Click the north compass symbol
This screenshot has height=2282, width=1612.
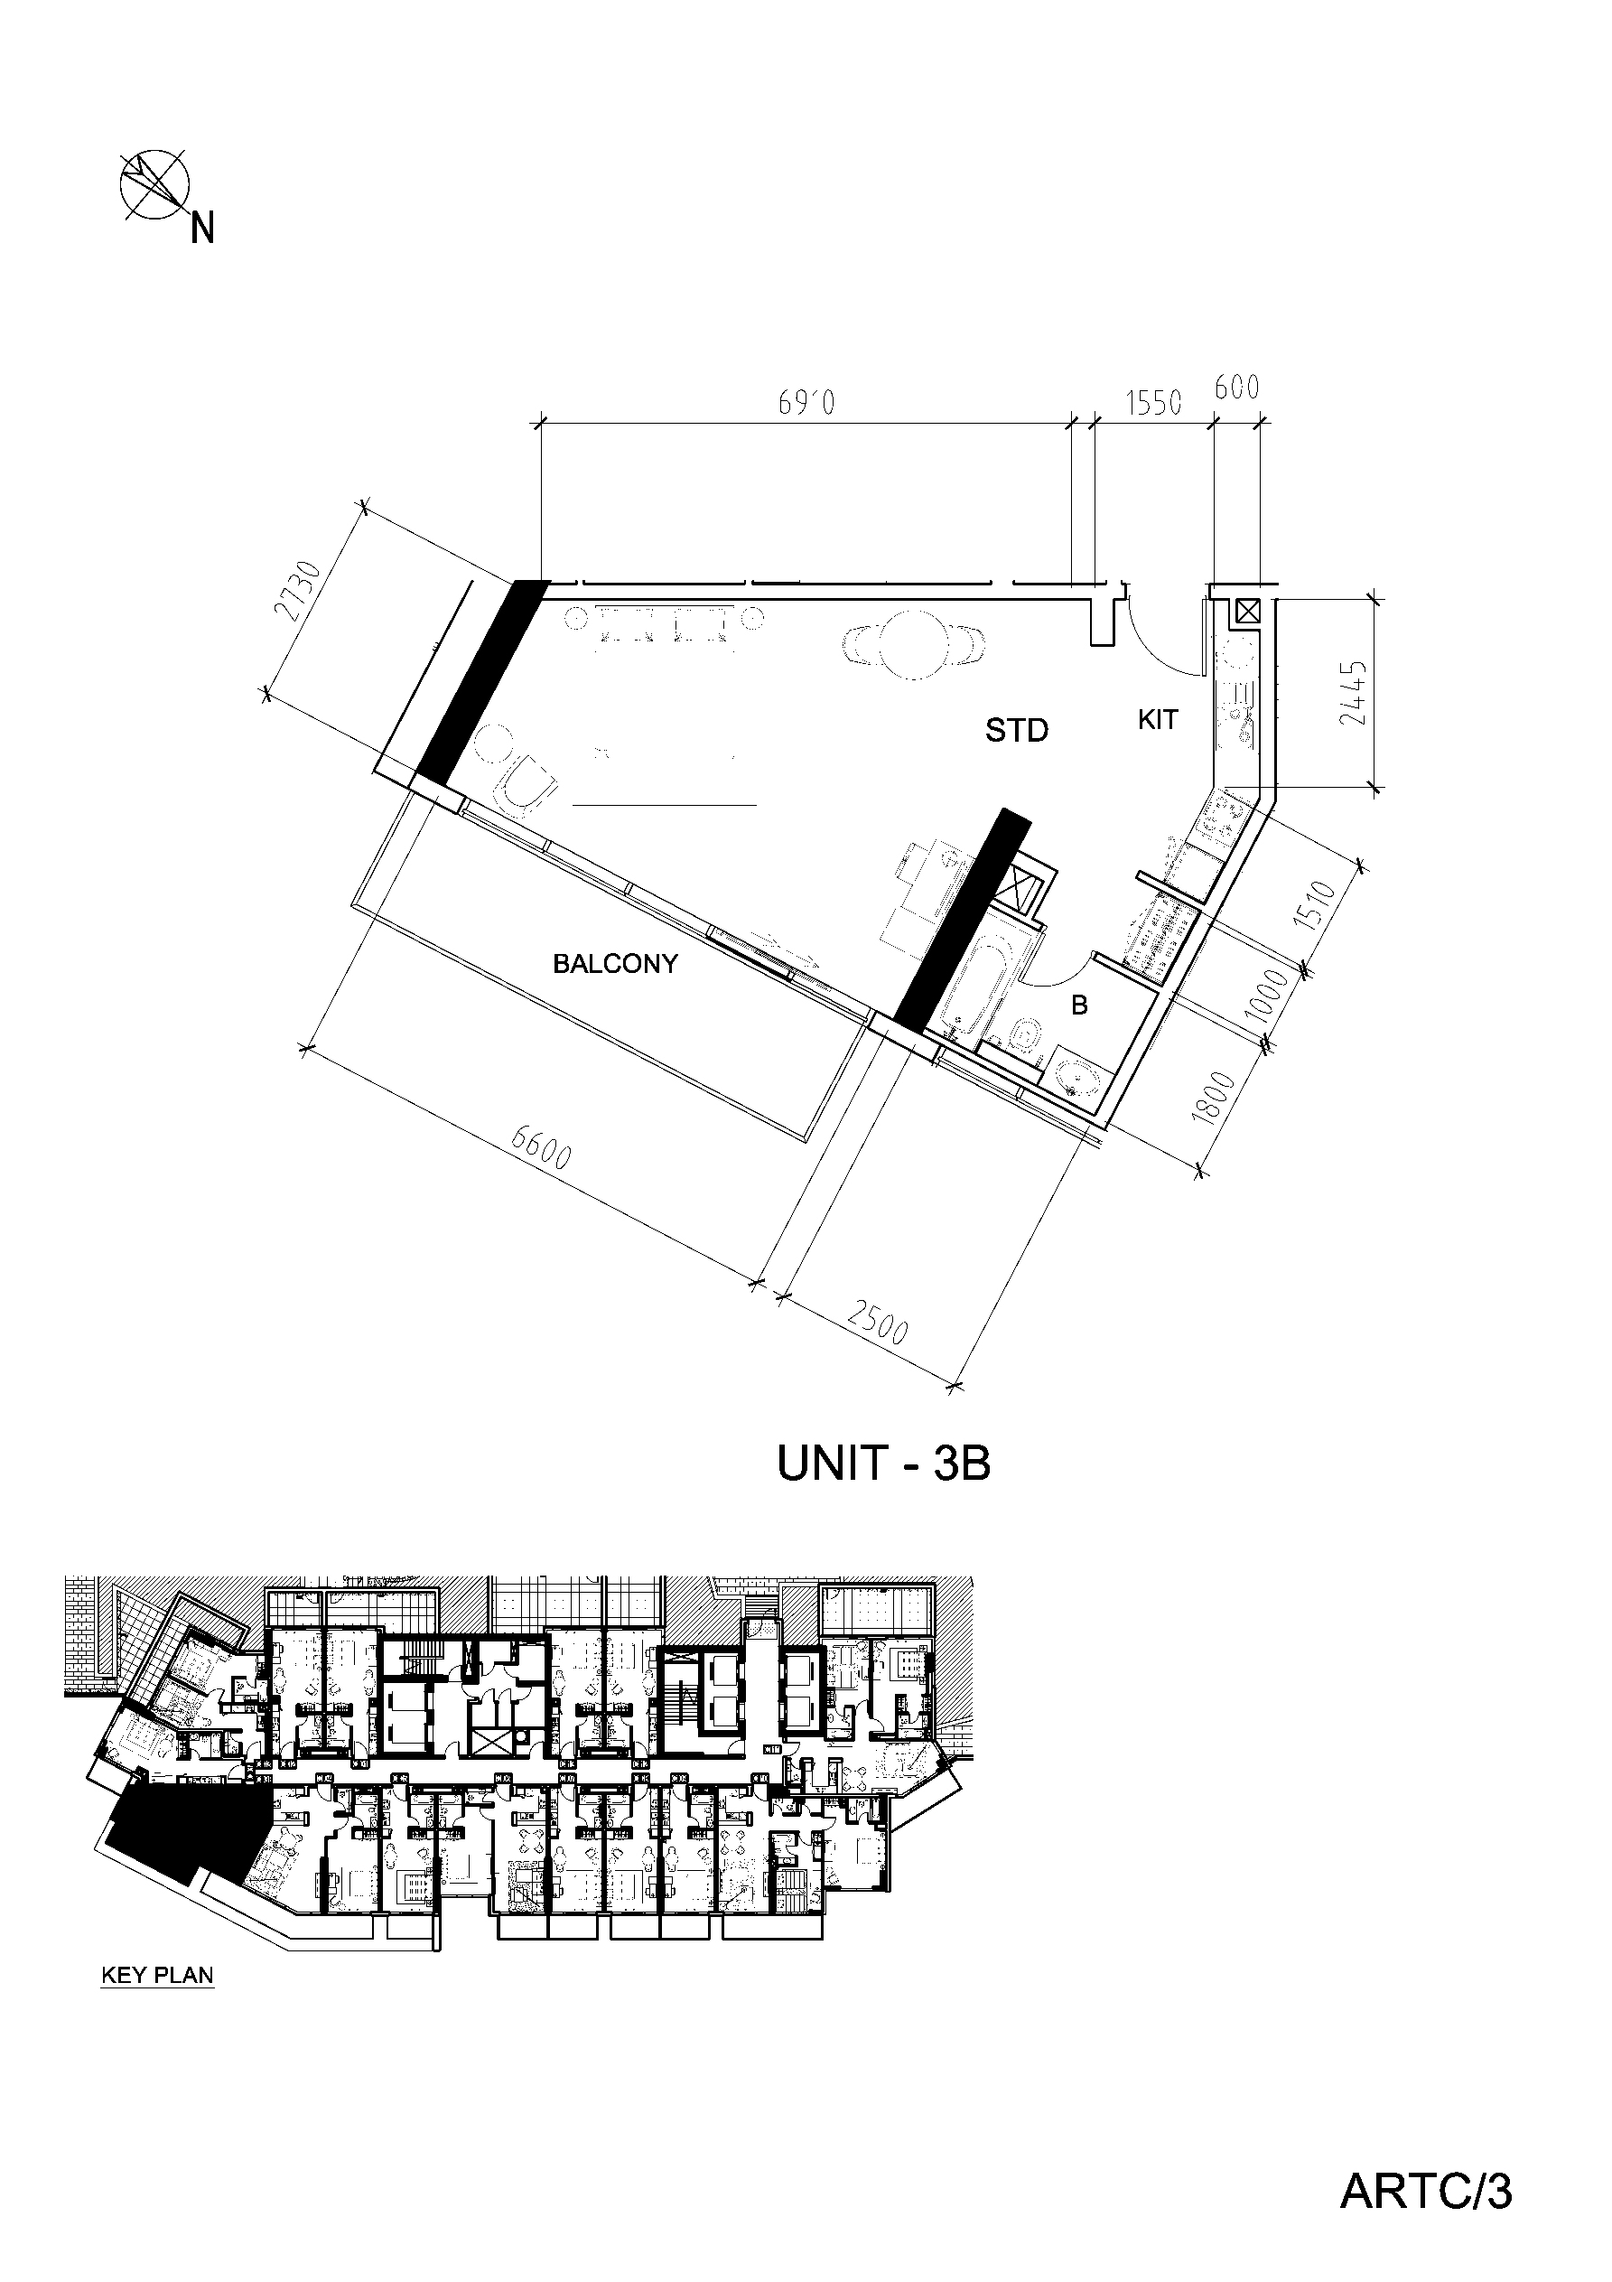pyautogui.click(x=154, y=185)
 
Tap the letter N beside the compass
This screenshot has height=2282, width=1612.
pyautogui.click(x=203, y=229)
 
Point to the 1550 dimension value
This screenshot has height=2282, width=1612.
pyautogui.click(x=1153, y=403)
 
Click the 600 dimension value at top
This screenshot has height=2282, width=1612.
pyautogui.click(x=1237, y=388)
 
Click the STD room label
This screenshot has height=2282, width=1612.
pyautogui.click(x=1017, y=731)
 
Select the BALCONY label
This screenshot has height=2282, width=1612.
pyautogui.click(x=615, y=963)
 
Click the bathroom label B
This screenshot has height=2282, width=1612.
pyautogui.click(x=1079, y=1005)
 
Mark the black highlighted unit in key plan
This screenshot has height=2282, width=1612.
pyautogui.click(x=184, y=1831)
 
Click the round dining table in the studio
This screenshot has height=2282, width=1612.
pyautogui.click(x=913, y=643)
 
